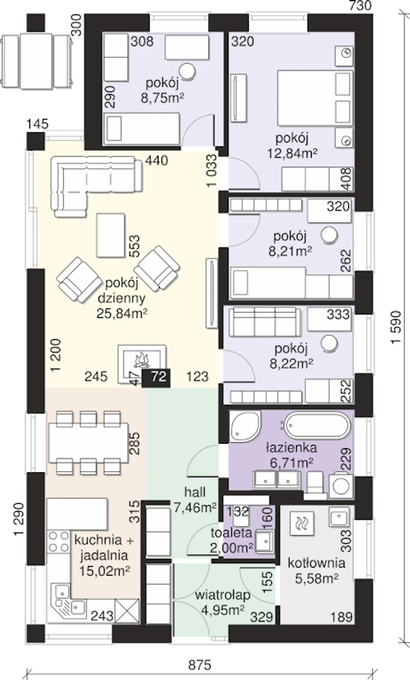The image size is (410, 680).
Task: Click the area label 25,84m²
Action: (122, 313)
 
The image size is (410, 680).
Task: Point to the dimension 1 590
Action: (396, 327)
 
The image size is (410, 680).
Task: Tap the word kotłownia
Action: (316, 563)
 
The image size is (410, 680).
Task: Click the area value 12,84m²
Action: (292, 153)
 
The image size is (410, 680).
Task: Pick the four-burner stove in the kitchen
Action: (59, 541)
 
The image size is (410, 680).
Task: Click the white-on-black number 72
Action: (159, 376)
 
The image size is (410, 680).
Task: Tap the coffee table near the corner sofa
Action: (111, 235)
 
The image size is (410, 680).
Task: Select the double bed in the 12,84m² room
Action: (315, 98)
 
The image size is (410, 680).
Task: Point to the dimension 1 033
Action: (212, 170)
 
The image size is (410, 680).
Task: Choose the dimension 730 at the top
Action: (360, 5)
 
